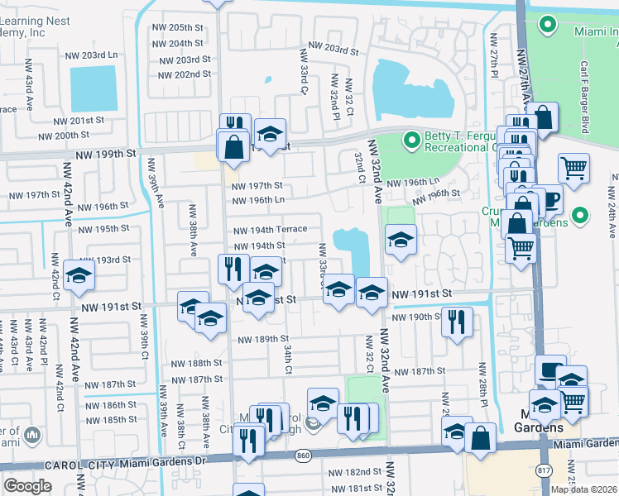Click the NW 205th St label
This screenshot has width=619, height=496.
(178, 27)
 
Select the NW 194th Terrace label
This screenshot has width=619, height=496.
(270, 229)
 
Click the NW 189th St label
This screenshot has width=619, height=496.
(263, 339)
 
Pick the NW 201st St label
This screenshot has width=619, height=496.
(79, 120)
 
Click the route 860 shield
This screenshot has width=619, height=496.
(303, 455)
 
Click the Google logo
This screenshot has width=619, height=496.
(27, 486)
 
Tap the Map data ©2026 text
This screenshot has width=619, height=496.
(583, 489)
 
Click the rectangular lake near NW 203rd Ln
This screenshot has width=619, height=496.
(94, 88)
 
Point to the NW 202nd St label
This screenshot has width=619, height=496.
(181, 74)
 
